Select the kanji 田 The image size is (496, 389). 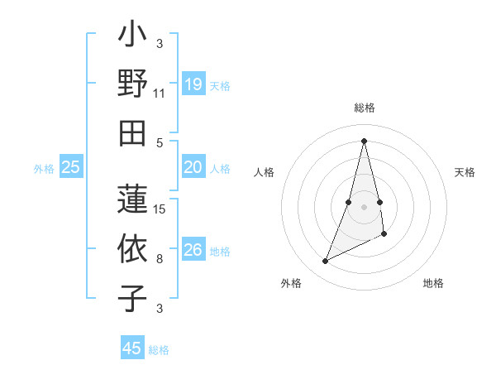click(x=132, y=132)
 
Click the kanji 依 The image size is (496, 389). click(x=132, y=249)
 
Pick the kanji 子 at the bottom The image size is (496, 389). click(x=132, y=299)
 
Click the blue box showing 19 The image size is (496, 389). click(x=193, y=84)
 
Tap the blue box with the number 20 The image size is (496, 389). click(x=193, y=168)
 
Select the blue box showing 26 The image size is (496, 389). click(x=193, y=251)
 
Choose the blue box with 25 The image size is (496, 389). click(x=70, y=168)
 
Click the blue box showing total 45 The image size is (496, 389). click(x=132, y=348)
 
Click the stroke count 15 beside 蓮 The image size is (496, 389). click(x=160, y=209)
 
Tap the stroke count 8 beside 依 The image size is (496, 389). click(x=160, y=259)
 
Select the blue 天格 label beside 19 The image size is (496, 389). click(x=220, y=86)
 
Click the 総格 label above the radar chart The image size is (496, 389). click(x=365, y=108)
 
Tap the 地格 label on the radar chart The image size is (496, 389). click(x=433, y=284)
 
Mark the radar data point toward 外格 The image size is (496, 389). click(x=325, y=262)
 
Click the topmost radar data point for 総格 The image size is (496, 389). click(x=364, y=140)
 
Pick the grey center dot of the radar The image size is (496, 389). click(x=364, y=205)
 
